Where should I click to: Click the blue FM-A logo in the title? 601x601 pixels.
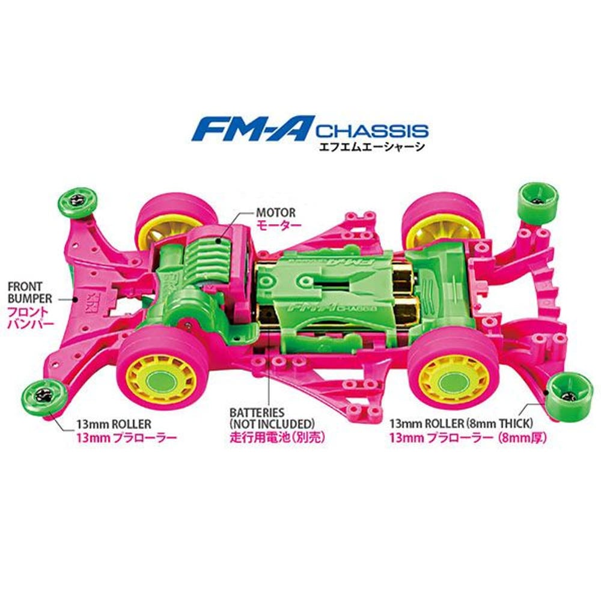[252, 129]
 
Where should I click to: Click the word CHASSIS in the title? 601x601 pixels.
[373, 130]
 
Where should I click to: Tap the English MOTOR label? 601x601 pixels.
[276, 213]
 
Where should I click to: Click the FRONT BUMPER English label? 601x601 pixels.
[30, 291]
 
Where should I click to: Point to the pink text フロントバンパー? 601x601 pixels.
[30, 317]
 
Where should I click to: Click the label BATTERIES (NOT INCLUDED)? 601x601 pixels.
[272, 418]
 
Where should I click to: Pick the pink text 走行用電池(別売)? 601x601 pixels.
[277, 438]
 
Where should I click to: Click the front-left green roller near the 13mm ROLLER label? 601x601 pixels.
[44, 394]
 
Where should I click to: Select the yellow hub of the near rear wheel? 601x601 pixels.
[454, 379]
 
